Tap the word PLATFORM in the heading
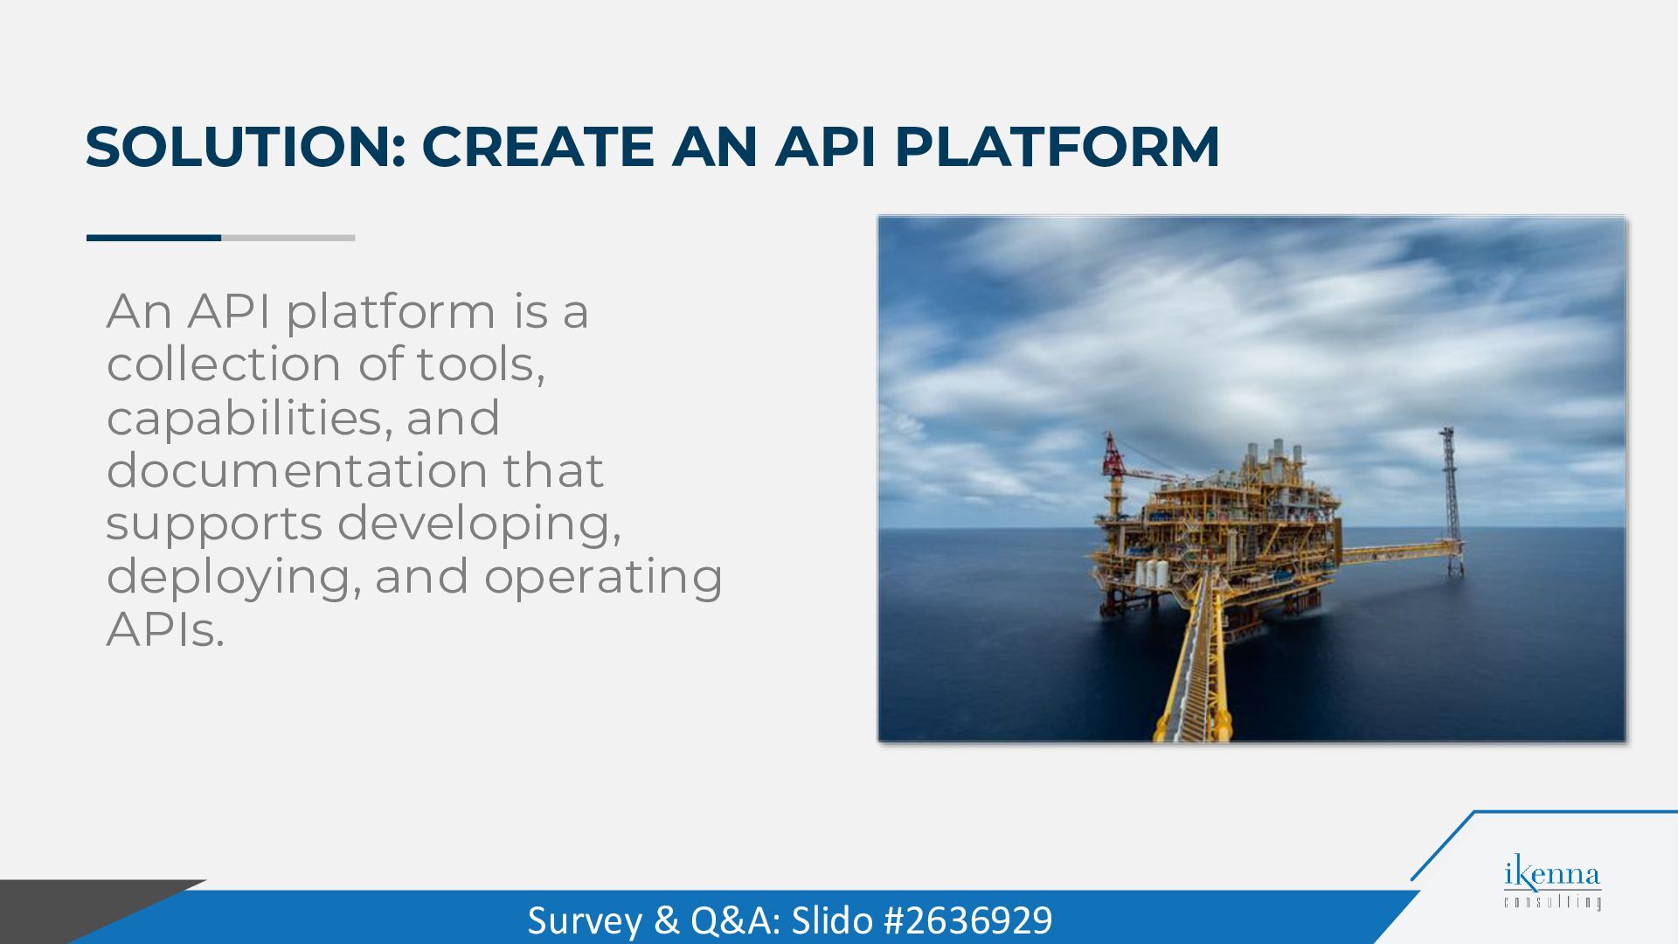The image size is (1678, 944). point(1057,146)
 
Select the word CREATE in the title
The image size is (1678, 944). point(538,146)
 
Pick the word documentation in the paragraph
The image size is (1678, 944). point(296,470)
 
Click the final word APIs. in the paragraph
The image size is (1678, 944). point(165,629)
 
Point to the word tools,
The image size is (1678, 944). point(481,364)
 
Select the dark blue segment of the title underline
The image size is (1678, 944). point(154,238)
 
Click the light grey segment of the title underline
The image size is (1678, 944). point(288,238)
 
